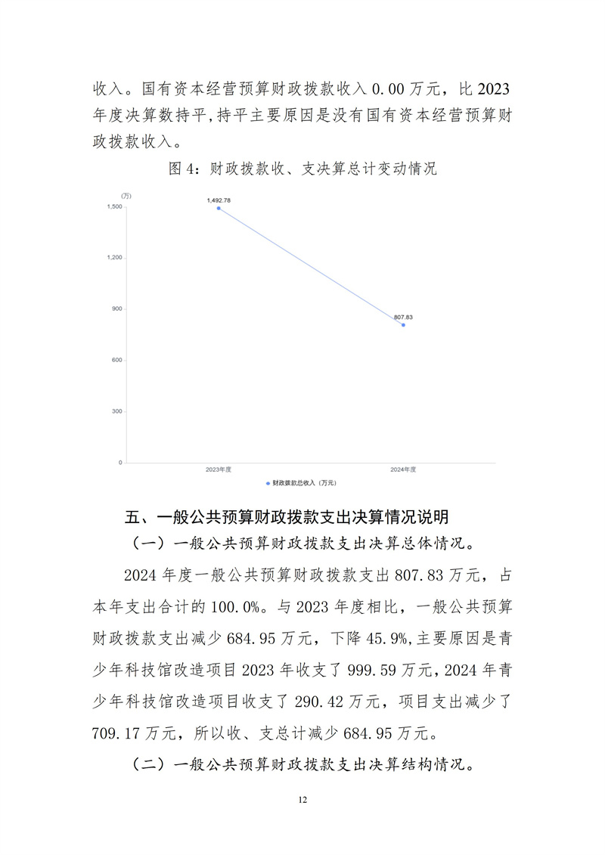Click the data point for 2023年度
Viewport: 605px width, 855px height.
pyautogui.click(x=219, y=208)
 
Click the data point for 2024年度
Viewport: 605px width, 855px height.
pyautogui.click(x=403, y=324)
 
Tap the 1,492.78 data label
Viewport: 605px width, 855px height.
pyautogui.click(x=219, y=200)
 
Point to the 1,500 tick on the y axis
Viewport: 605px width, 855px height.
pyautogui.click(x=114, y=206)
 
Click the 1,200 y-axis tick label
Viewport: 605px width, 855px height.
pyautogui.click(x=114, y=258)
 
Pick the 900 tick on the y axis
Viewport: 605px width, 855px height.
pyautogui.click(x=117, y=309)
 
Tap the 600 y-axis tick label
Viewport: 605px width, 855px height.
pyautogui.click(x=117, y=360)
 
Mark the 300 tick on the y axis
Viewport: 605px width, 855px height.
pyautogui.click(x=117, y=411)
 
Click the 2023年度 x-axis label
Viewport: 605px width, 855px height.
pyautogui.click(x=218, y=469)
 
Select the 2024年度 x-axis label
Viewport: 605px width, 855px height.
pyautogui.click(x=403, y=469)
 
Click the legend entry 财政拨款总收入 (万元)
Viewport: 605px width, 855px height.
pyautogui.click(x=302, y=482)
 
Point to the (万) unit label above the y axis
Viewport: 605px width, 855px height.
pyautogui.click(x=126, y=197)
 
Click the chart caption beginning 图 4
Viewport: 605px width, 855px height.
pyautogui.click(x=302, y=169)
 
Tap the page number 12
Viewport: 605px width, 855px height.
pyautogui.click(x=302, y=799)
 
